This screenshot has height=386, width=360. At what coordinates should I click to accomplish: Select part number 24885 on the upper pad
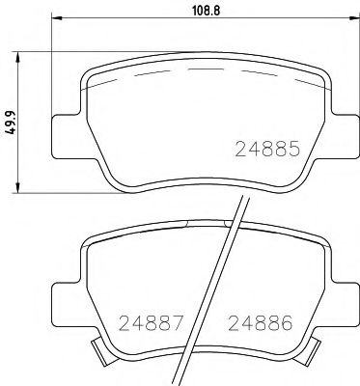(x=269, y=150)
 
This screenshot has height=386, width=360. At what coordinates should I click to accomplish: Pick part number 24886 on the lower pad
(x=259, y=322)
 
